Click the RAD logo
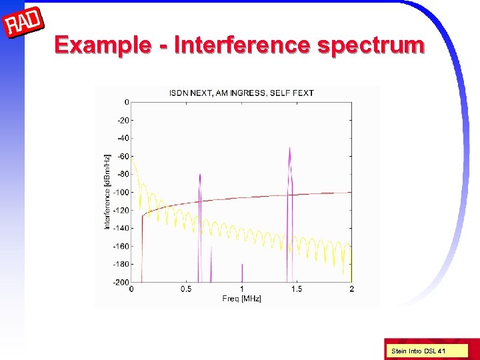tap(24, 24)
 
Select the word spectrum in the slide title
tap(371, 45)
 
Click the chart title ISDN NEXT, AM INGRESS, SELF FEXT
tap(241, 93)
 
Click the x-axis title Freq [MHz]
tap(241, 298)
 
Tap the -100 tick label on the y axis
tap(121, 193)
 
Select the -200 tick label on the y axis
tap(121, 282)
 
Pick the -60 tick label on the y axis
tap(123, 157)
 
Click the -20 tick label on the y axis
tap(123, 121)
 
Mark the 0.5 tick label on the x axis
tap(186, 289)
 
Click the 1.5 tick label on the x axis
tap(296, 289)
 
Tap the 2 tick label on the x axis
tap(351, 289)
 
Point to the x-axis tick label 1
tap(241, 289)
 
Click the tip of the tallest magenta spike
tap(289, 148)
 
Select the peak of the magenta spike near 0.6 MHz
tap(199, 175)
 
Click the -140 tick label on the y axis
tap(121, 229)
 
